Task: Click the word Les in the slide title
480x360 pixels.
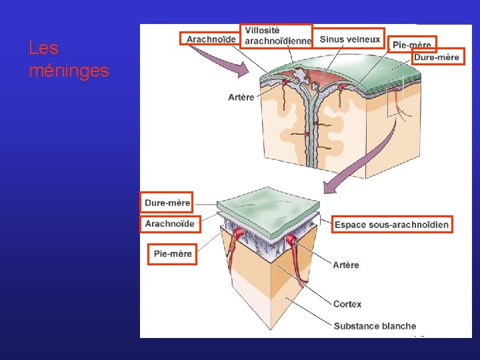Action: tap(43, 48)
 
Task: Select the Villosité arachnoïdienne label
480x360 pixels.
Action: tap(276, 35)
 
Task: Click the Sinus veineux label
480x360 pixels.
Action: tap(350, 39)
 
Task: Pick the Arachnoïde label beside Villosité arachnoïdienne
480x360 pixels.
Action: tap(211, 39)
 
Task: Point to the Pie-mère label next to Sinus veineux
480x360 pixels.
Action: tap(412, 45)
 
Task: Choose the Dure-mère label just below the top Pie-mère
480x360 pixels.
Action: tap(437, 57)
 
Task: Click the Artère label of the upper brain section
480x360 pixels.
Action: tap(241, 97)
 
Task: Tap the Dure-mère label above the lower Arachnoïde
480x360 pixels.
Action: tap(167, 202)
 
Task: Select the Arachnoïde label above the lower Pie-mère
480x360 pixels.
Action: tap(169, 223)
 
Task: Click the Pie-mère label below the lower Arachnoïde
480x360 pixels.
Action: tap(173, 253)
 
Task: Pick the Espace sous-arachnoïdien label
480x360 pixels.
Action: tap(391, 225)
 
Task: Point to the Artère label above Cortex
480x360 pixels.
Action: tap(346, 265)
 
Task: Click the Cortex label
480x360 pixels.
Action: tap(347, 304)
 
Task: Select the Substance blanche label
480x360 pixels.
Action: tap(375, 326)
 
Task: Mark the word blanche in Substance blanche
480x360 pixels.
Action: tap(399, 326)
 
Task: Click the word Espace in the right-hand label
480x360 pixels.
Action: tap(350, 225)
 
